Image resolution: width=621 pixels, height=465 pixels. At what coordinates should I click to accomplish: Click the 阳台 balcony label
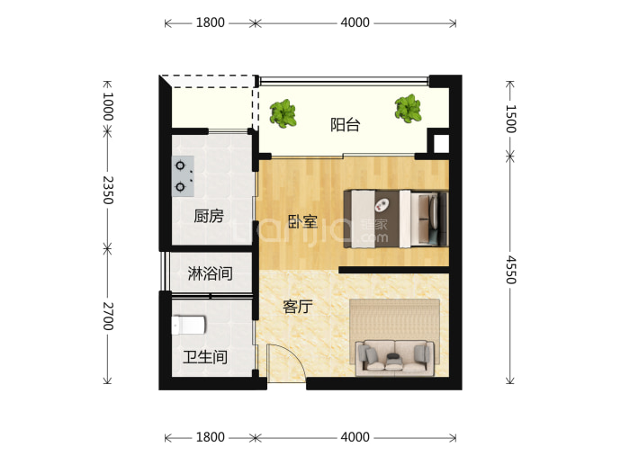(x=345, y=125)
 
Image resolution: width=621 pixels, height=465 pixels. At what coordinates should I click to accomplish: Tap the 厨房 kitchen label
(x=209, y=216)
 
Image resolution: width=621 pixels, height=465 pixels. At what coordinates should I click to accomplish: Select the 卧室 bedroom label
(x=302, y=221)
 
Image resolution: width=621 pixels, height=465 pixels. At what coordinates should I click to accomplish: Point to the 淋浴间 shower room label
(x=210, y=273)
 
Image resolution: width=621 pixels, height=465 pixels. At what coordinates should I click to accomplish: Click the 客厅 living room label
(x=298, y=307)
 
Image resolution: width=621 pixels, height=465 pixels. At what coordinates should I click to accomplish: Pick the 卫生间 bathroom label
(x=205, y=357)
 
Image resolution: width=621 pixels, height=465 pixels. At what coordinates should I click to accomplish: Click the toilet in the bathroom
(x=188, y=326)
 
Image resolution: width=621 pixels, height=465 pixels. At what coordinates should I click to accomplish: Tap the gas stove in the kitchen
(x=183, y=176)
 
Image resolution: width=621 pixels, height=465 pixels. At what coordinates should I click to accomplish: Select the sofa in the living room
(x=395, y=358)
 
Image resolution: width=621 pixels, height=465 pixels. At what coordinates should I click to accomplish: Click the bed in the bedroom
(x=396, y=219)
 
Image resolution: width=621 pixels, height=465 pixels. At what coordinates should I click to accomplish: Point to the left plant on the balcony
(x=283, y=113)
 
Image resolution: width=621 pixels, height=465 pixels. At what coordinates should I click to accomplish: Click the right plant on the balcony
(x=408, y=108)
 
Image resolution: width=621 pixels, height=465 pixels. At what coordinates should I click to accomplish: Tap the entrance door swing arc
(x=295, y=355)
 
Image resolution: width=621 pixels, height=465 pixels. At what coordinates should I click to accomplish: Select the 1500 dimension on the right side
(x=511, y=119)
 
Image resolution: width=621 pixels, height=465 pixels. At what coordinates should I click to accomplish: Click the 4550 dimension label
(x=511, y=270)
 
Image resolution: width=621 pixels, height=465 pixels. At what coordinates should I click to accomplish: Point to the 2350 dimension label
(x=108, y=190)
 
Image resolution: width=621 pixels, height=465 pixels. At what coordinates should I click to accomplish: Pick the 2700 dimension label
(x=108, y=317)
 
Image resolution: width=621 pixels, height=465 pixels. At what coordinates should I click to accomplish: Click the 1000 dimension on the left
(x=108, y=107)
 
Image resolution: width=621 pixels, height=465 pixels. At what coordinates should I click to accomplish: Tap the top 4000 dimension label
(x=355, y=22)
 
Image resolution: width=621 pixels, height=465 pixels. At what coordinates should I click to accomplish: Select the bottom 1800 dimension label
(x=211, y=437)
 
